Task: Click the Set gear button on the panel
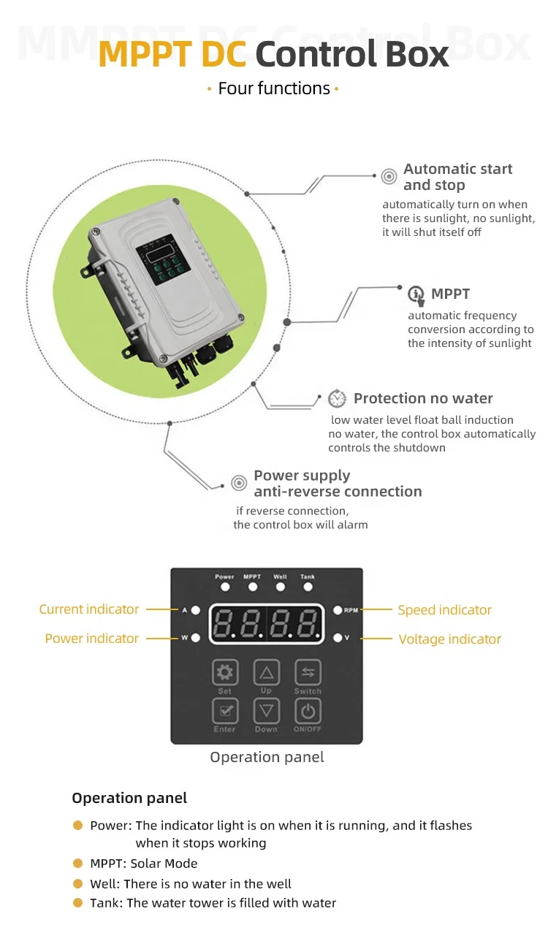(x=225, y=672)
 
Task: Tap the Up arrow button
(x=267, y=672)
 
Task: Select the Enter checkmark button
(x=225, y=711)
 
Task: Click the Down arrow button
(x=267, y=711)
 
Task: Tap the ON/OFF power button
(x=308, y=711)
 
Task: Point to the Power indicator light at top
(x=225, y=587)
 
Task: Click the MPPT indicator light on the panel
(x=253, y=587)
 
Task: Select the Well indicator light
(x=281, y=587)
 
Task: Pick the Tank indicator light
(x=308, y=587)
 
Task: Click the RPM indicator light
(x=338, y=610)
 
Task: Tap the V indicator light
(x=338, y=638)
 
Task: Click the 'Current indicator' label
(x=88, y=609)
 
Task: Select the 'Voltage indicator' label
(x=449, y=639)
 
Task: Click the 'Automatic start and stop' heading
(x=457, y=177)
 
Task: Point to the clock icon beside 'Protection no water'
(x=337, y=399)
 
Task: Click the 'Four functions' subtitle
(x=274, y=88)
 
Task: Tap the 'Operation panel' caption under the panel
(x=267, y=757)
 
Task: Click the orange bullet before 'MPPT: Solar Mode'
(x=77, y=863)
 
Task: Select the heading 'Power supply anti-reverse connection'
(x=338, y=484)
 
